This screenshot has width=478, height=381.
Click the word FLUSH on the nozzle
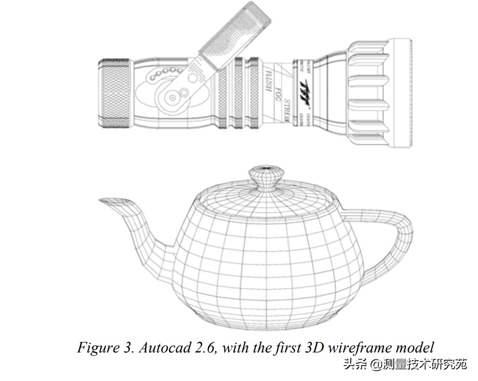click(269, 82)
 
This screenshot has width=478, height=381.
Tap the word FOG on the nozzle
click(277, 93)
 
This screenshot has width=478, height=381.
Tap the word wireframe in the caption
click(364, 348)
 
